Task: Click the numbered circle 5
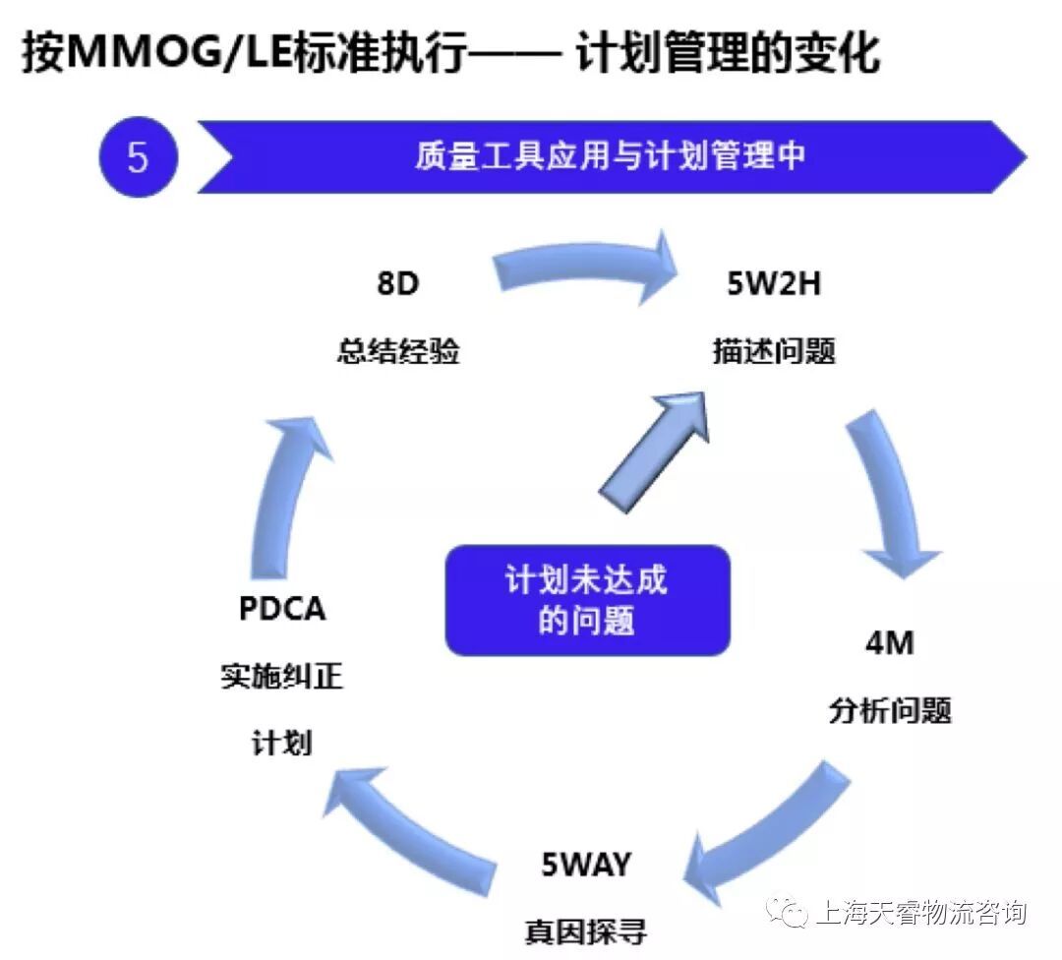(x=139, y=157)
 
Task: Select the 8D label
(x=397, y=284)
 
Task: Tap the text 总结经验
(x=397, y=352)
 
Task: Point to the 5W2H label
(x=773, y=284)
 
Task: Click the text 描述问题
(x=774, y=352)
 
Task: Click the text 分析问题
(x=889, y=710)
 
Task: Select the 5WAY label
(x=586, y=865)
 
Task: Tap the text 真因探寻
(x=586, y=930)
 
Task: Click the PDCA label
(x=282, y=609)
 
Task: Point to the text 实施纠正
(x=282, y=677)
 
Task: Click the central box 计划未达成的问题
(x=587, y=600)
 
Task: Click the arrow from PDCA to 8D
(x=285, y=492)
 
